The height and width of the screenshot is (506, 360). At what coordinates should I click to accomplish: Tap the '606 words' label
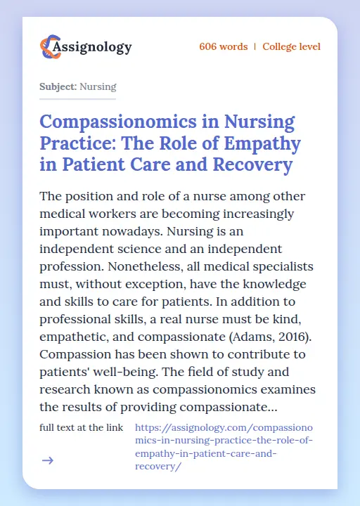[x=223, y=47]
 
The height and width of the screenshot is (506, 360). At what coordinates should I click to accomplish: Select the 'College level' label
[x=291, y=47]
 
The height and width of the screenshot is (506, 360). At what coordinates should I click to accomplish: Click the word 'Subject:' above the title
[x=58, y=87]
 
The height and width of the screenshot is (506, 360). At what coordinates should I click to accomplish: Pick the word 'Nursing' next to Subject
[x=98, y=87]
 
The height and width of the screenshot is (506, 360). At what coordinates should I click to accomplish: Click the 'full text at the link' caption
[x=82, y=427]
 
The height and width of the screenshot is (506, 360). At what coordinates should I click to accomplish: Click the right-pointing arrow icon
[x=48, y=460]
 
